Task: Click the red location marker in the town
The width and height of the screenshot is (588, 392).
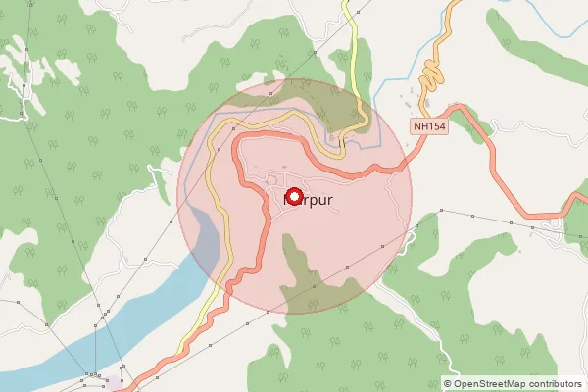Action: pos(293,195)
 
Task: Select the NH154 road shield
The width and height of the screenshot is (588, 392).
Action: pos(429,126)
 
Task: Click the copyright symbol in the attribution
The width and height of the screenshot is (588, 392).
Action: pos(449,384)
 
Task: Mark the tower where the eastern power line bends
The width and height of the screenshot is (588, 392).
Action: pos(443,211)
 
